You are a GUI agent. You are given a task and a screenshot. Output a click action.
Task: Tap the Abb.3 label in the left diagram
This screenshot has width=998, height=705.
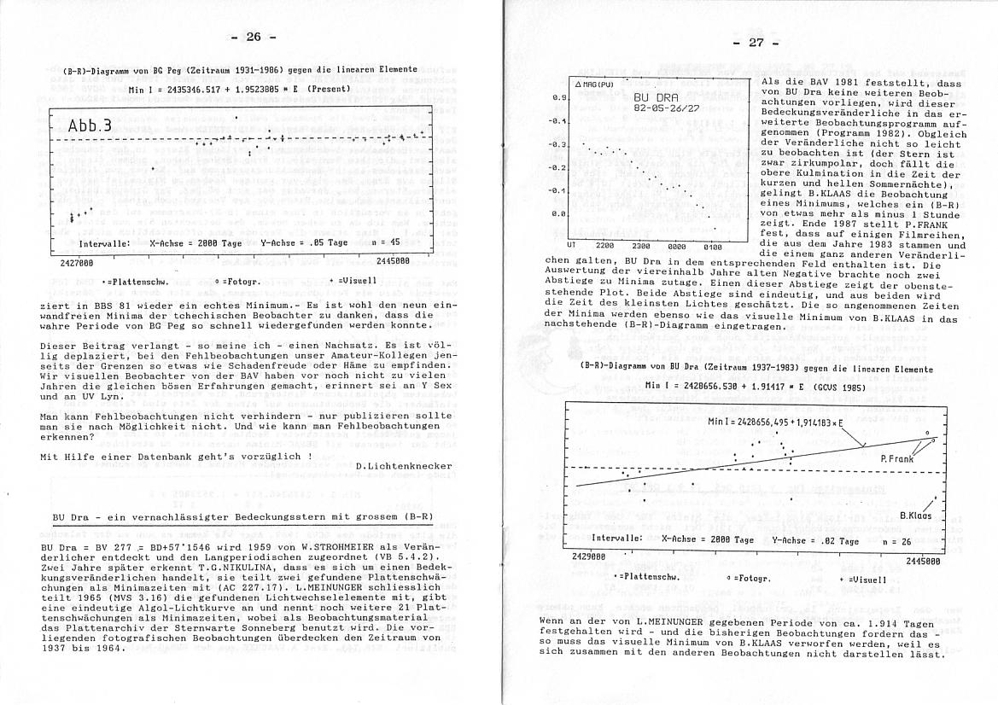[90, 126]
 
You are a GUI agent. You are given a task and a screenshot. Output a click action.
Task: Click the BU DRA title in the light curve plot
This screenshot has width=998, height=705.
[653, 100]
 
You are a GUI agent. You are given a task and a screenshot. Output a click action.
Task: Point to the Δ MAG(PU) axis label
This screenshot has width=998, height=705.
[595, 85]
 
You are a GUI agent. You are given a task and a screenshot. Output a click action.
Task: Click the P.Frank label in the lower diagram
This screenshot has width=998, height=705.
[897, 458]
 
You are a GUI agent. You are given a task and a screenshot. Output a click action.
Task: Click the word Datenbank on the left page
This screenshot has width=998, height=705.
[190, 456]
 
